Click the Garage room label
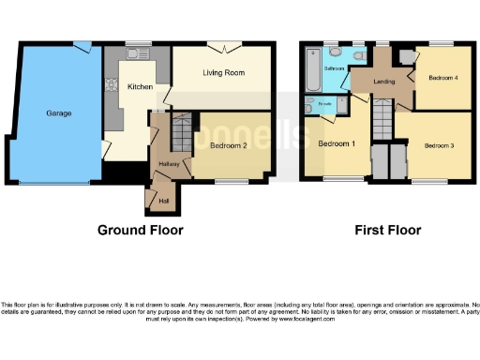point(59,112)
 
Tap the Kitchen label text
point(141,86)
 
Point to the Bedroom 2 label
point(228,146)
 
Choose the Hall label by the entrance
point(164,200)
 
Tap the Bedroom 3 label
point(438,146)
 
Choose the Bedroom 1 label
point(335,144)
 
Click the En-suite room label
point(324,103)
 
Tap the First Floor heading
point(387,230)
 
